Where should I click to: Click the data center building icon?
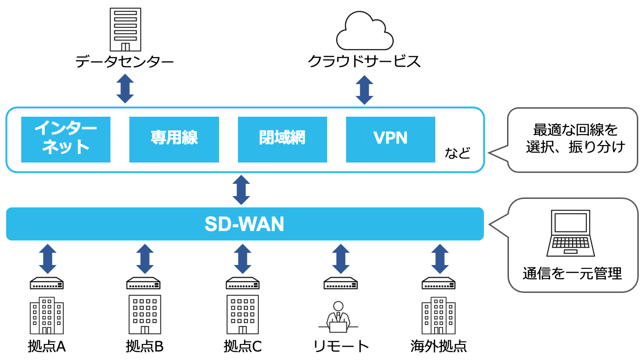coord(125,29)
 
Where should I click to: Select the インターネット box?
coord(66,139)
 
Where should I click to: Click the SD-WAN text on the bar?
coord(245,224)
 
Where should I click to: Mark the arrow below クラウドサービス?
coord(364,90)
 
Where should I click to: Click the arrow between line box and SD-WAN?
coord(241,190)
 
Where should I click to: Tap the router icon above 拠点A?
coord(47,283)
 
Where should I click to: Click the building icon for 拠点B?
coord(144,315)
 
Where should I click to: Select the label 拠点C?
coord(243,347)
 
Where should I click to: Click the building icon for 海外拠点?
coord(439,316)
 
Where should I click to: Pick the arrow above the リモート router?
coord(340,259)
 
